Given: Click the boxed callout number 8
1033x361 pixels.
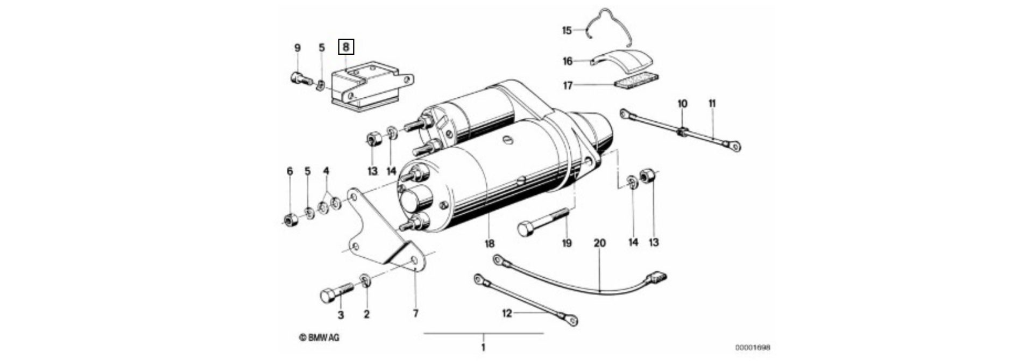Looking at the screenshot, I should (346, 47).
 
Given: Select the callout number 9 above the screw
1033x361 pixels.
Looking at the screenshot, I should (298, 48).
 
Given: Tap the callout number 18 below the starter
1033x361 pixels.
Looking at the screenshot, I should (489, 243).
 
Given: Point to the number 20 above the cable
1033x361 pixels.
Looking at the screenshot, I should (599, 243).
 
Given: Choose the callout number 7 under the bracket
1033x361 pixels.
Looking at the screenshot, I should (415, 313).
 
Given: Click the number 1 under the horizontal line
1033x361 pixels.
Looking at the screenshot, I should (483, 347).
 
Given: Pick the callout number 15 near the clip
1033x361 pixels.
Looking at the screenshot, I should (567, 30).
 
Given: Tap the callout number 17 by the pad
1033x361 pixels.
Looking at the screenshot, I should (568, 85).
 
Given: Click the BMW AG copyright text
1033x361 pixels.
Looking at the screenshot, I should (320, 337).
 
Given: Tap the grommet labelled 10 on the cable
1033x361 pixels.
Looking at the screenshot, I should (682, 131).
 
